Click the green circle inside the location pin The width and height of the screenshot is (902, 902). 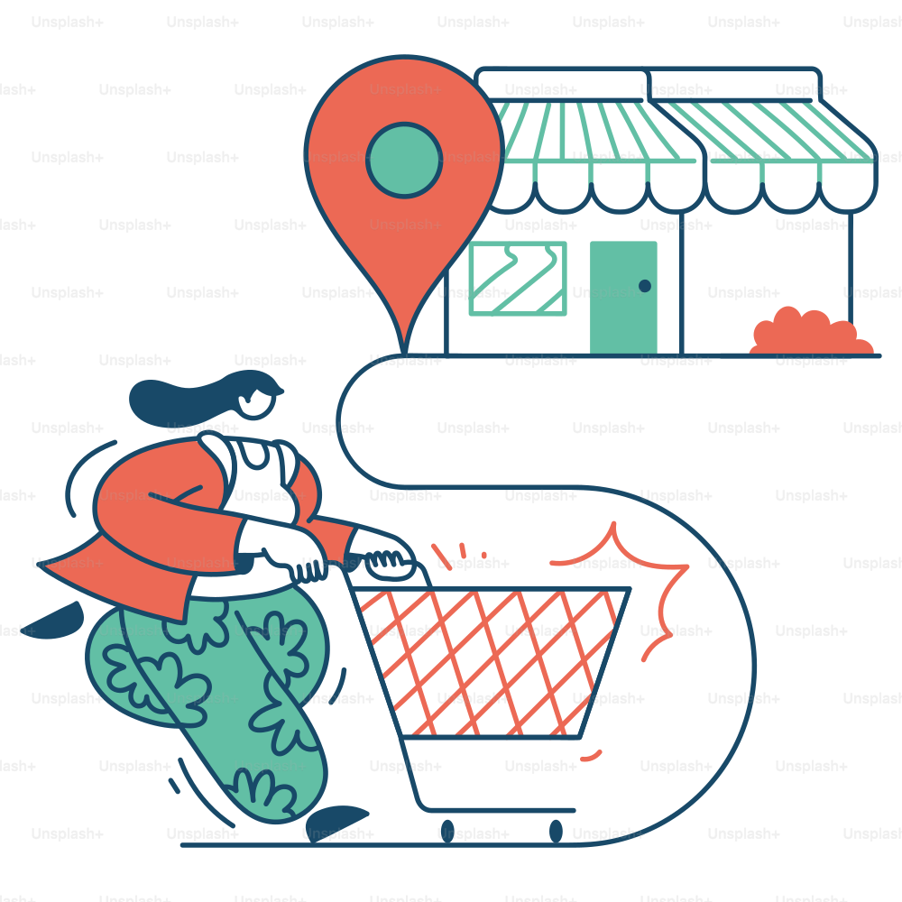click(x=404, y=160)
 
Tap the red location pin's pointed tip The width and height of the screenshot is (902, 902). click(x=405, y=352)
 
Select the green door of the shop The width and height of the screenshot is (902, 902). click(x=623, y=298)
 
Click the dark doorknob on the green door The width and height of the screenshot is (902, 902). click(x=645, y=286)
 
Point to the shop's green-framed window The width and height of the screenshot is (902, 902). click(x=518, y=279)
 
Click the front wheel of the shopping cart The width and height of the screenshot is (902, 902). click(x=556, y=832)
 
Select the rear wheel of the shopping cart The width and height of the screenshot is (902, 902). click(x=447, y=832)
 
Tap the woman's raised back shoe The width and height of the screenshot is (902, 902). click(x=53, y=621)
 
